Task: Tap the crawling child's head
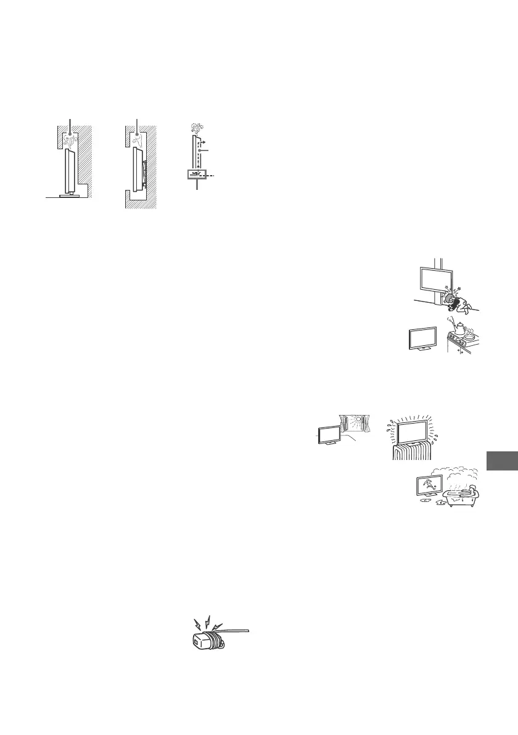tap(449, 300)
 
